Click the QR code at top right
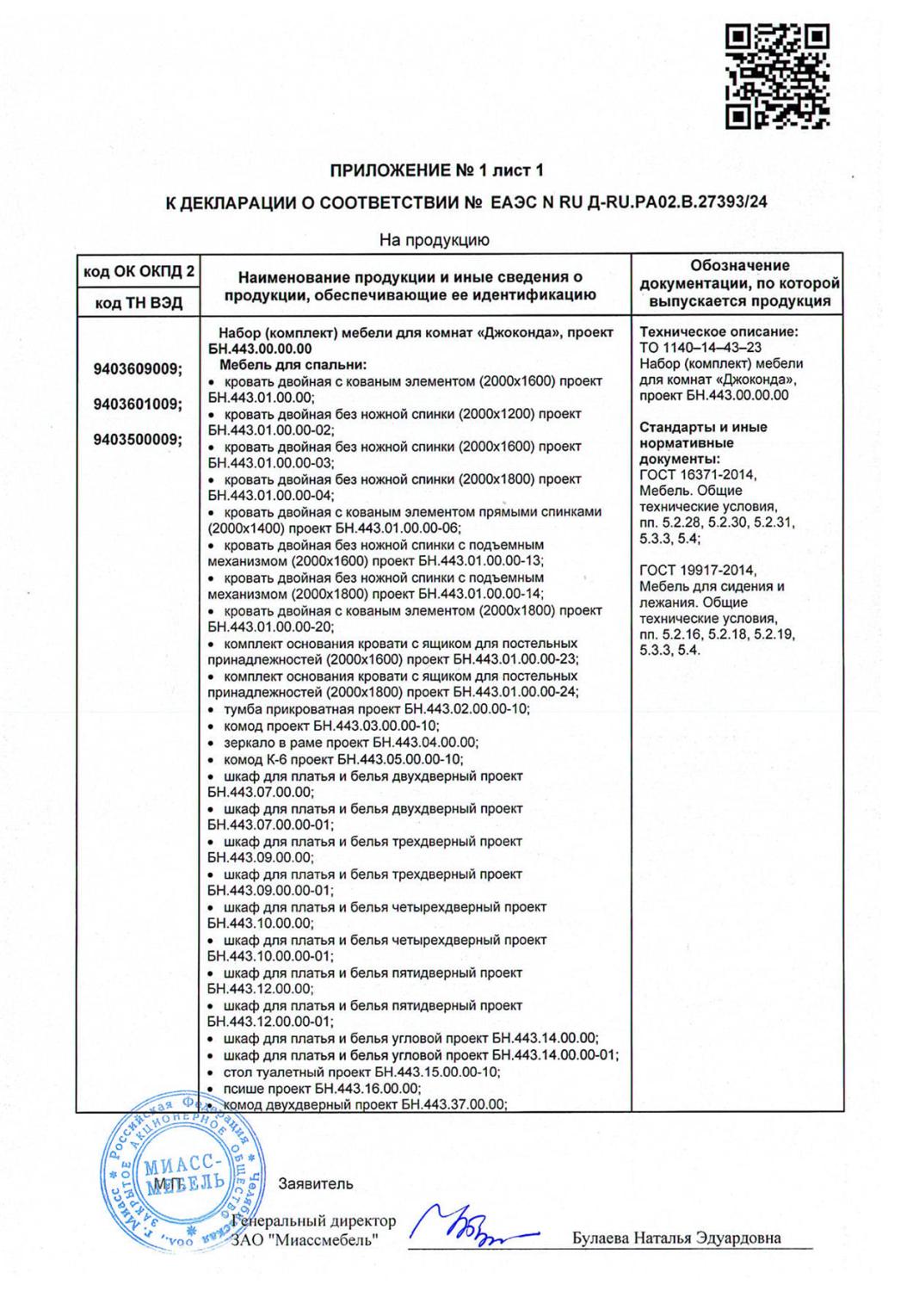coord(777,77)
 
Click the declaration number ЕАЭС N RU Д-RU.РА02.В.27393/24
coord(628,202)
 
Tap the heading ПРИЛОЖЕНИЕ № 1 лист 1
coord(437,170)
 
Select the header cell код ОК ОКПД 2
coord(139,272)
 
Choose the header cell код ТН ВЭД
coord(139,303)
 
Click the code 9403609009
coord(138,369)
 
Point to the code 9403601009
coord(138,404)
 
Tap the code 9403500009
coord(138,439)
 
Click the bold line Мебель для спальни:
coord(293,365)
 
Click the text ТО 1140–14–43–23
coord(700,348)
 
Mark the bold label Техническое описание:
coord(719,331)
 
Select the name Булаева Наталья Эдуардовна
coord(676,1238)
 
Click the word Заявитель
coord(316,1183)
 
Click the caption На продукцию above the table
coord(435,240)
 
